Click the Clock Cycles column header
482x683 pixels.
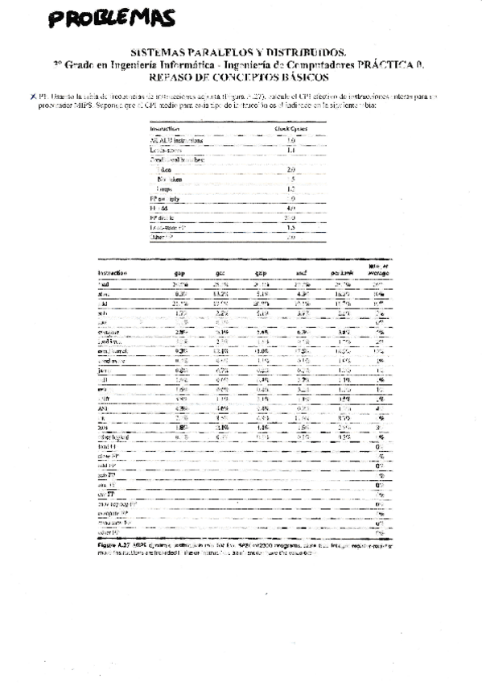291,128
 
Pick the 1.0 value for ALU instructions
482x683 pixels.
291,139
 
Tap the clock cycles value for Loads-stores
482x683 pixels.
291,150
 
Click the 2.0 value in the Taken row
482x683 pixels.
291,170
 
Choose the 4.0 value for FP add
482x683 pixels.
291,208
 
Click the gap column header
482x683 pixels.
180,274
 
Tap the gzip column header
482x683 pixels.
261,274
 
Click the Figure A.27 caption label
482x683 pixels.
114,544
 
